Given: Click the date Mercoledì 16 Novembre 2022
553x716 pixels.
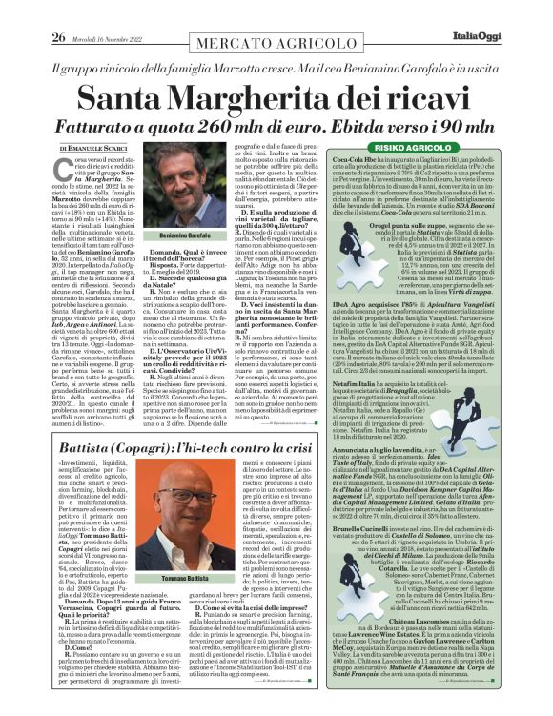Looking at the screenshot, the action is tap(87, 11).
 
